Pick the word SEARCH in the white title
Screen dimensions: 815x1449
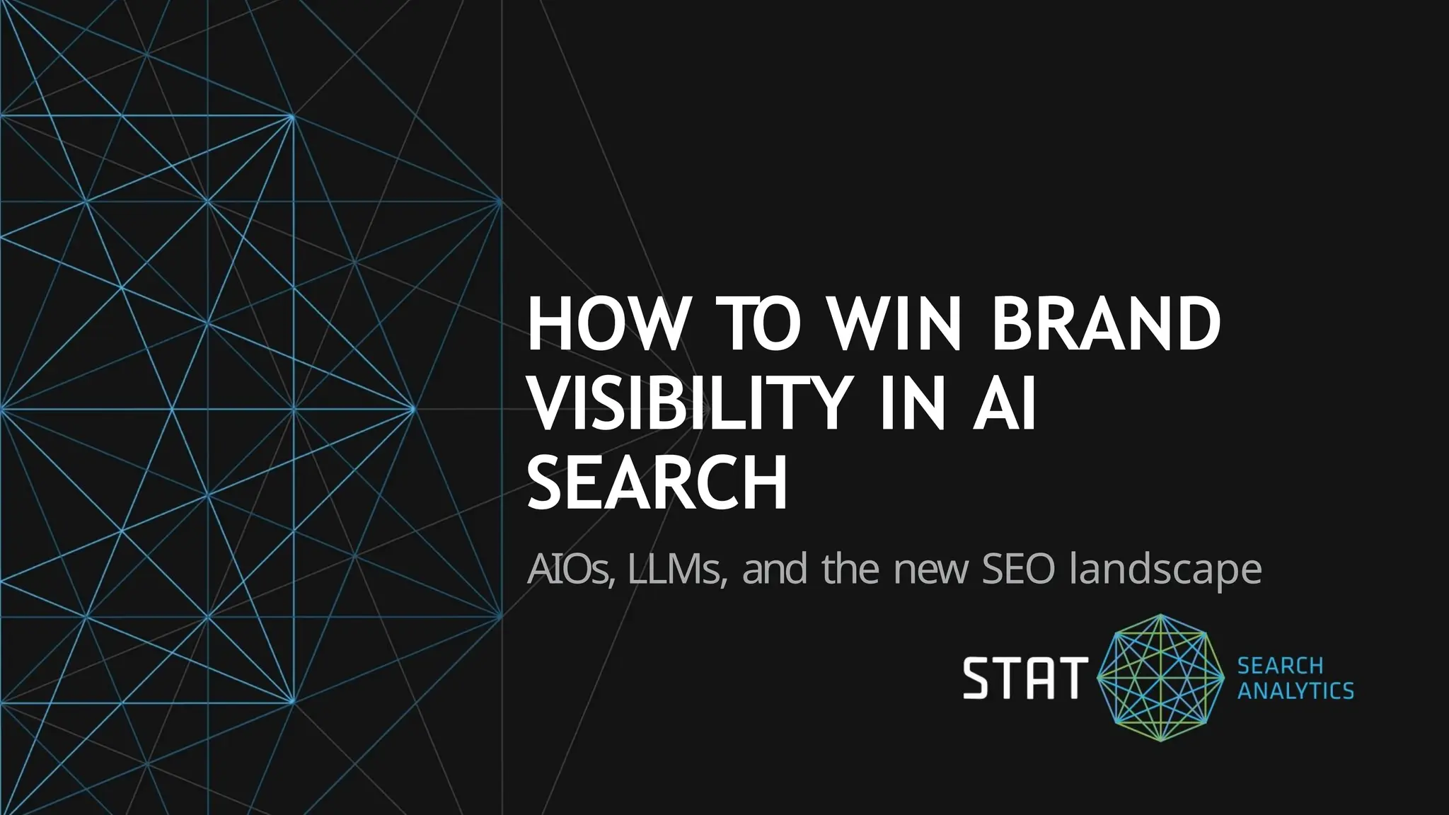657,485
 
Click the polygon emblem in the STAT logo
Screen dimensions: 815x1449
1160,678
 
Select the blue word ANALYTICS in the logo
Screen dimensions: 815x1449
1295,690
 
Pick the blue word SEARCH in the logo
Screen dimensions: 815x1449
1280,666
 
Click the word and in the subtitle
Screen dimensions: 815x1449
775,570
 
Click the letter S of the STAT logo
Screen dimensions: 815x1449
977,678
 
